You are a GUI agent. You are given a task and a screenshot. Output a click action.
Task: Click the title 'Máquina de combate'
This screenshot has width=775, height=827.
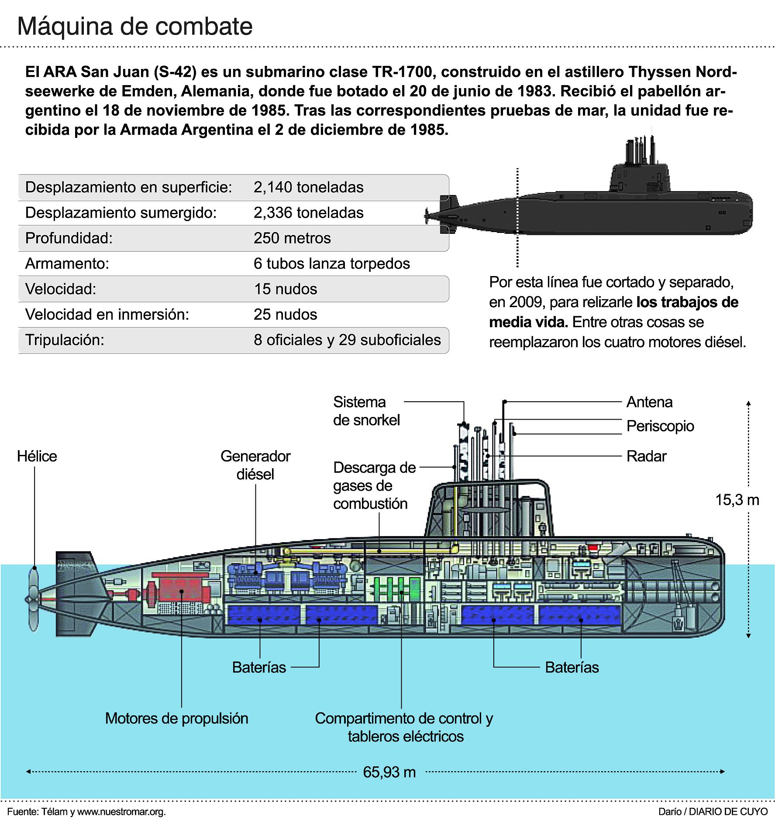[134, 27]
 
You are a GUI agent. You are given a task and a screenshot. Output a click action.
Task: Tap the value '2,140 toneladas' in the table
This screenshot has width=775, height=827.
[308, 187]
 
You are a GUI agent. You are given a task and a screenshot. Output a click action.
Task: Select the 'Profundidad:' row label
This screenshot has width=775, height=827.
[69, 238]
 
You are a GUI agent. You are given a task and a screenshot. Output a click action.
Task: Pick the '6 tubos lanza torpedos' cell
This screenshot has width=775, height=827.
[331, 263]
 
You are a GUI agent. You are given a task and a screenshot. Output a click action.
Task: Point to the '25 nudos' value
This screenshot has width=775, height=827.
[285, 314]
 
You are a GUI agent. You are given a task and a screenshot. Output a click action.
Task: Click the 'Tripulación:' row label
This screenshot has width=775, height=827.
[65, 340]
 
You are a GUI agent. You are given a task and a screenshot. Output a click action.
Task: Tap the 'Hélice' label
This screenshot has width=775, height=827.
[37, 456]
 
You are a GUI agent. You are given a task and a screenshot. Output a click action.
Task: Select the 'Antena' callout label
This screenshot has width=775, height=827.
[649, 402]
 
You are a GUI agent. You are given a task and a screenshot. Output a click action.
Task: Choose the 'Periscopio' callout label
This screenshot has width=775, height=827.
[660, 426]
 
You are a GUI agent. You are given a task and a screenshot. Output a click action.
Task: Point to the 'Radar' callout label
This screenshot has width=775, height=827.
[646, 456]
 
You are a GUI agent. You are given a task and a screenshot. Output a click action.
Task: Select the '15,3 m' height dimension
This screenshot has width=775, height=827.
[737, 500]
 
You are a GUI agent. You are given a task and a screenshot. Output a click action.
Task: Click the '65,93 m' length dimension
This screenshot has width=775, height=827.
[389, 772]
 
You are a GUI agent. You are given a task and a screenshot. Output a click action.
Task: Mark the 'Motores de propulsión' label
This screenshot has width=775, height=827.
[176, 718]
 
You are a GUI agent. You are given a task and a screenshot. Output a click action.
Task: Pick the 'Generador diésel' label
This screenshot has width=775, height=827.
[255, 465]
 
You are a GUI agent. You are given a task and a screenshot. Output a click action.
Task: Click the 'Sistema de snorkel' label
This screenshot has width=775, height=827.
[366, 411]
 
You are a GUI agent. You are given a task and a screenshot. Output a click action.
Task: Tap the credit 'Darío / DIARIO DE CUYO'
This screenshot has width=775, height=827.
[713, 812]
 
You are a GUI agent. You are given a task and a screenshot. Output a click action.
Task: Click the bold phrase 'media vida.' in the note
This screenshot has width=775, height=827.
[528, 322]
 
